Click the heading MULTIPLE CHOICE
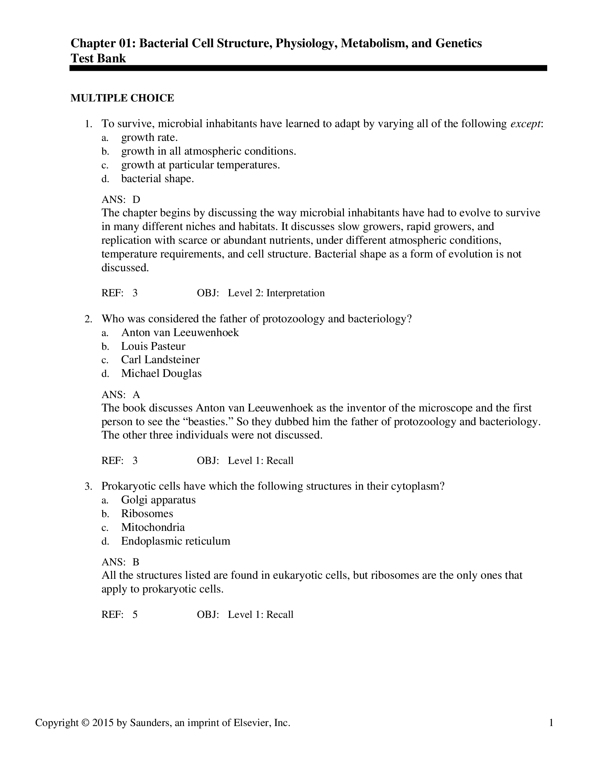click(x=122, y=98)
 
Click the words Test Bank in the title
click(x=98, y=58)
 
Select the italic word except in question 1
click(x=526, y=124)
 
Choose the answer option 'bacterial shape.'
click(x=158, y=179)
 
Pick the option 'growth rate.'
click(x=149, y=137)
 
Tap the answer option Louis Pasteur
click(x=153, y=346)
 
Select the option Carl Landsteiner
click(x=160, y=359)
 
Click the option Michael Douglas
click(x=161, y=373)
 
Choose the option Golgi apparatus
click(x=158, y=500)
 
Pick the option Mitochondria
click(x=153, y=527)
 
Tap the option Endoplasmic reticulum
click(x=176, y=541)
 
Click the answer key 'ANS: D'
click(x=121, y=199)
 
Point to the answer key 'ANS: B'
click(x=120, y=562)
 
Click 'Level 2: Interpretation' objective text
click(x=276, y=293)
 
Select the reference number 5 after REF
click(x=135, y=614)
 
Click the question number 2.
click(x=88, y=319)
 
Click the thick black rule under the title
click(x=308, y=68)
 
